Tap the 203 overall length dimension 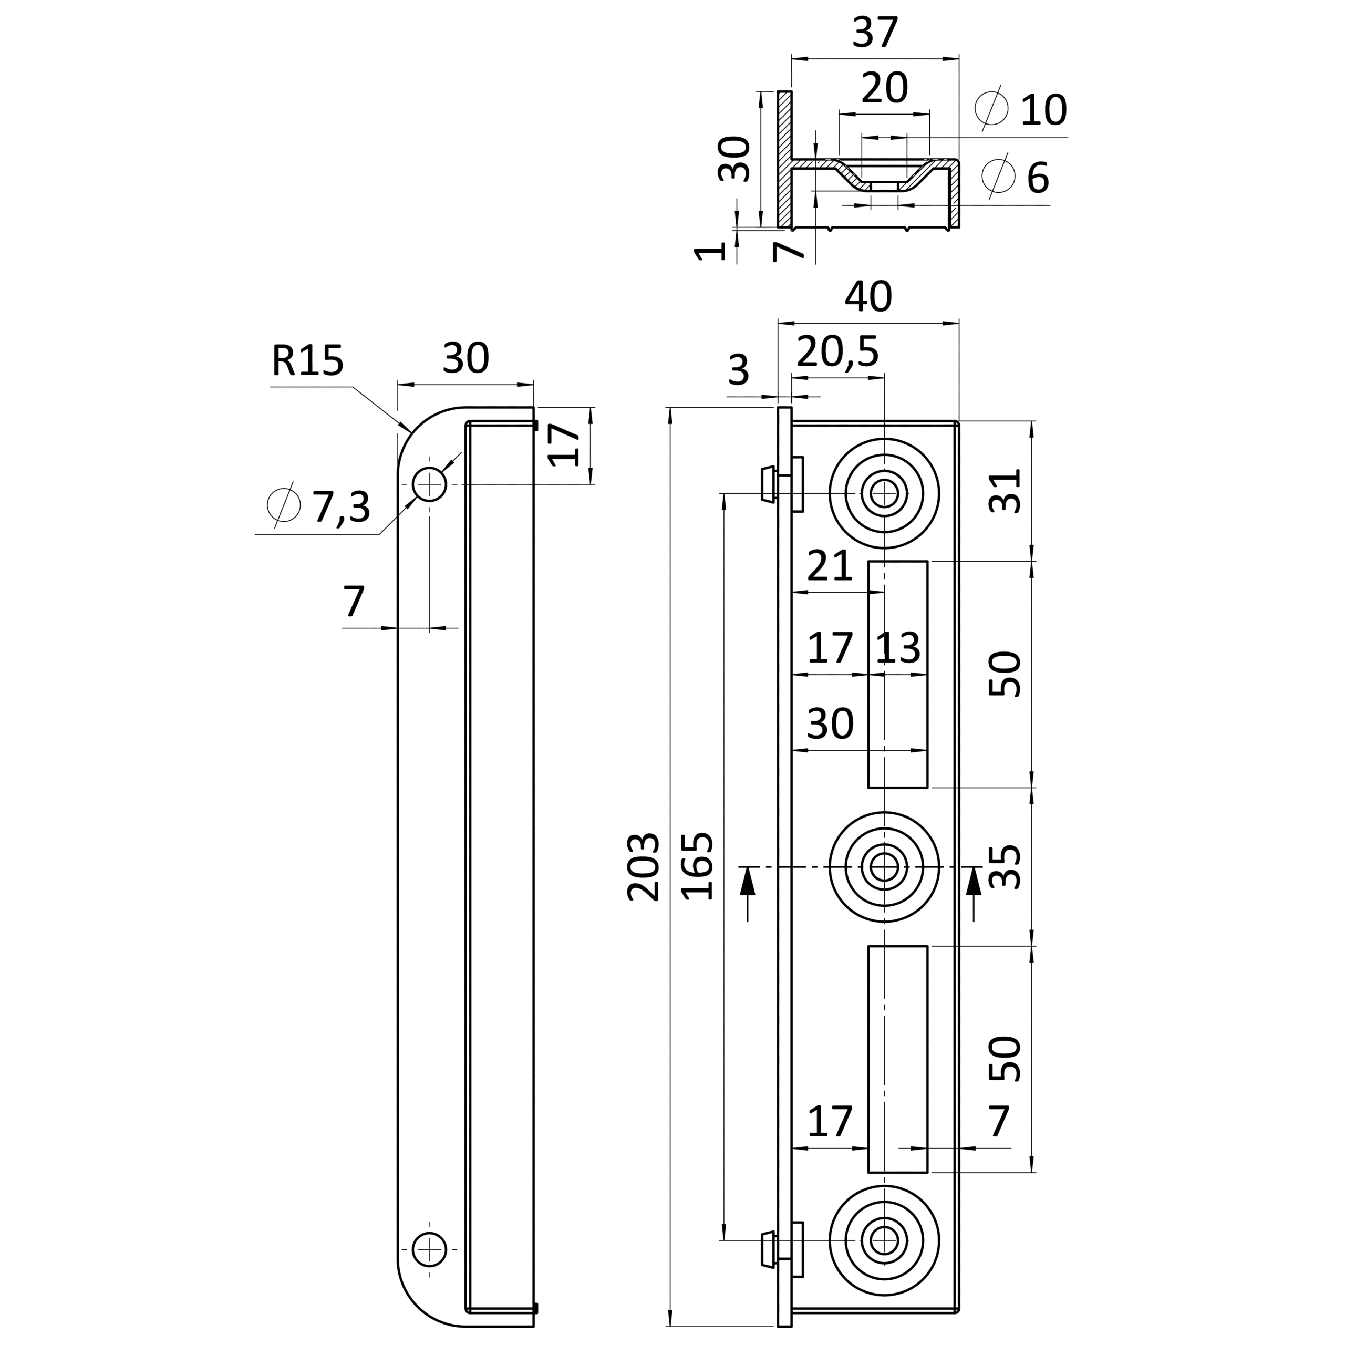coord(643,867)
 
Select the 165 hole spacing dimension coord(698,867)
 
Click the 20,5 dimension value coord(837,351)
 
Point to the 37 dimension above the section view coord(875,33)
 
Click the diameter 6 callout coord(1015,178)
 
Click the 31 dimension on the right coord(1005,490)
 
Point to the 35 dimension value coord(1005,867)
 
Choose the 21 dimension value coord(830,566)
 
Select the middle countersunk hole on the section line coord(884,867)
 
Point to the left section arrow coord(748,894)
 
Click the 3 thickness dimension coord(739,370)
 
